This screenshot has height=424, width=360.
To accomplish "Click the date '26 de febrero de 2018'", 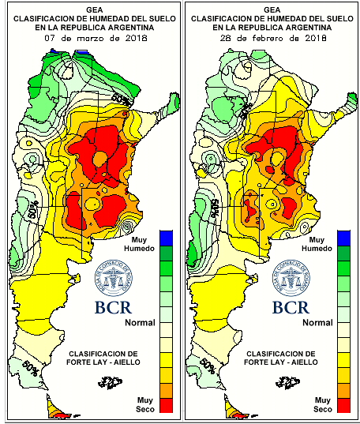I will tap(268, 36).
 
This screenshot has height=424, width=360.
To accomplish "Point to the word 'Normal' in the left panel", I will tap(140, 322).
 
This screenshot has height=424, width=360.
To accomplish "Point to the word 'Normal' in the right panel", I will tap(318, 322).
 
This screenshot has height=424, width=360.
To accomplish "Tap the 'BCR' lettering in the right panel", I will tap(292, 307).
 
